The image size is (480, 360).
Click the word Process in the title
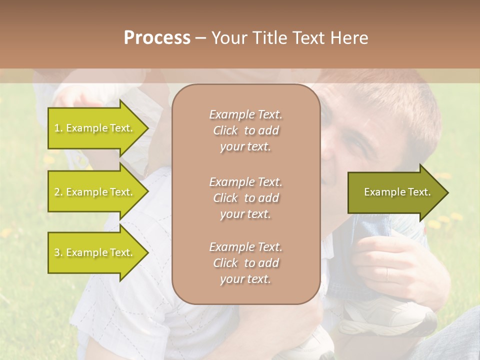(157, 38)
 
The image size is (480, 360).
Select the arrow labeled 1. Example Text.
(95, 128)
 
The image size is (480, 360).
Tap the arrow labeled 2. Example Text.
(95, 192)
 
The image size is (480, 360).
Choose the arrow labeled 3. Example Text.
(95, 252)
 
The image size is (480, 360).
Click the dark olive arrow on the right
(395, 192)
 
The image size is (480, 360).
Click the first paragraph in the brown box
(245, 130)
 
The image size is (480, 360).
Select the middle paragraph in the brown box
(245, 198)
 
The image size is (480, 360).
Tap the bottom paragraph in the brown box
(245, 263)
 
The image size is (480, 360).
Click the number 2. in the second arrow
(58, 192)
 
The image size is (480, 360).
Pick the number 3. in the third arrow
(58, 253)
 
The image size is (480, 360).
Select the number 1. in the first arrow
(58, 128)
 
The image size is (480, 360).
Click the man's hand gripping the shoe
(395, 265)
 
